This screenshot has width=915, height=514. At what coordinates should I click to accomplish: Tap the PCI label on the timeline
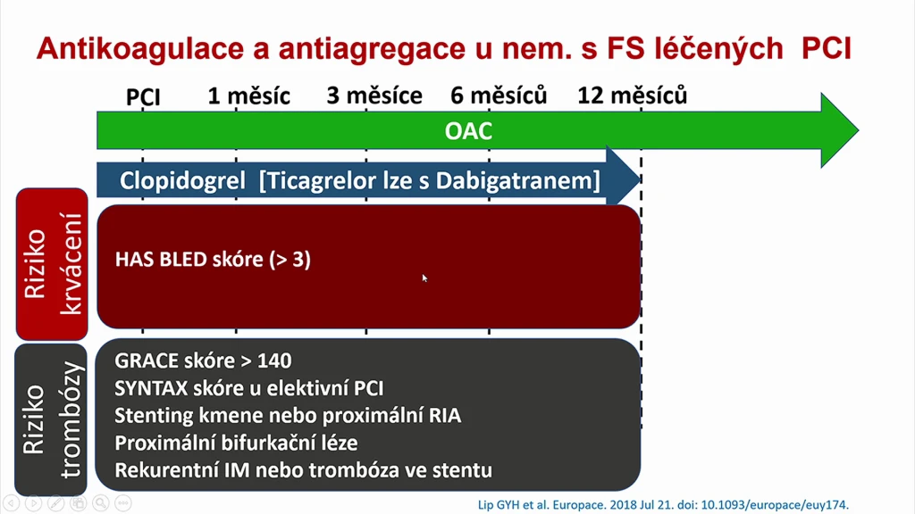(x=143, y=96)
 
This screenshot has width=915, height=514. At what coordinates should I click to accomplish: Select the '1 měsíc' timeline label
(x=249, y=96)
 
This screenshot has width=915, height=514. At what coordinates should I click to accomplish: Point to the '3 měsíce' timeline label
(x=374, y=95)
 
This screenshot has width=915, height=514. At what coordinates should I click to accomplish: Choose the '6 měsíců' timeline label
(x=499, y=95)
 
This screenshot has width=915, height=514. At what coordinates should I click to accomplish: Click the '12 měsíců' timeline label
(x=632, y=95)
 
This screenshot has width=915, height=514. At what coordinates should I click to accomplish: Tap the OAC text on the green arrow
(x=468, y=131)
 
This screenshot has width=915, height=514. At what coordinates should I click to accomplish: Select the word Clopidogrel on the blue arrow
(x=182, y=180)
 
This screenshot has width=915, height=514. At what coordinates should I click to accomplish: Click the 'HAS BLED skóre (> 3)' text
(x=213, y=260)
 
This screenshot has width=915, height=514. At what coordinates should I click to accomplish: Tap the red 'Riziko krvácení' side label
(x=52, y=264)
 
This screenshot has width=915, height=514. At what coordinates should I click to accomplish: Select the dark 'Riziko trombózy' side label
(x=51, y=419)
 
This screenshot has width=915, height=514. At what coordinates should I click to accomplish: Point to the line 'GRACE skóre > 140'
(x=203, y=361)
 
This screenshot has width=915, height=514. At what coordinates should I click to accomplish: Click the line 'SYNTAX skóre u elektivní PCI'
(x=249, y=388)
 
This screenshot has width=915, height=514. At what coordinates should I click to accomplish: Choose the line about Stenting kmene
(x=288, y=416)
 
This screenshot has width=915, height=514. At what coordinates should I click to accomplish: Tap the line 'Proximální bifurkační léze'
(x=236, y=443)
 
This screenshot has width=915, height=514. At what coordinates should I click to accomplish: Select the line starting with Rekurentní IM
(x=304, y=470)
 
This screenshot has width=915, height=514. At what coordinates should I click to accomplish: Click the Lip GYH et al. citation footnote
(x=664, y=505)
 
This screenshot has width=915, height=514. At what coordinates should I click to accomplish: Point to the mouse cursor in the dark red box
(x=424, y=278)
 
